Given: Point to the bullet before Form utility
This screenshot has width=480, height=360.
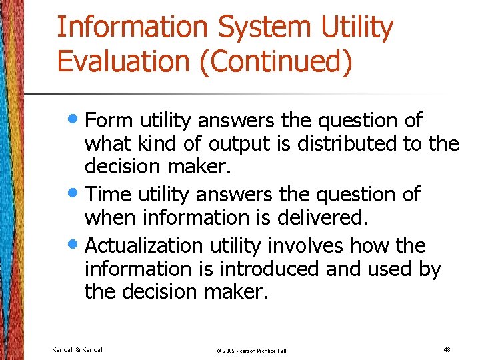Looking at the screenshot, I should [76, 120].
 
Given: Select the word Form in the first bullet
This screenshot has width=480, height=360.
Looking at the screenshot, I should [109, 121].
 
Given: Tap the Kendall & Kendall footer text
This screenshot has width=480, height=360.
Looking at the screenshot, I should [78, 349].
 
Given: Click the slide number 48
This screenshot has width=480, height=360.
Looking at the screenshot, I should [446, 349].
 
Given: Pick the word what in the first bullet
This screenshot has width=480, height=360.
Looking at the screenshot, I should [107, 144].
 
